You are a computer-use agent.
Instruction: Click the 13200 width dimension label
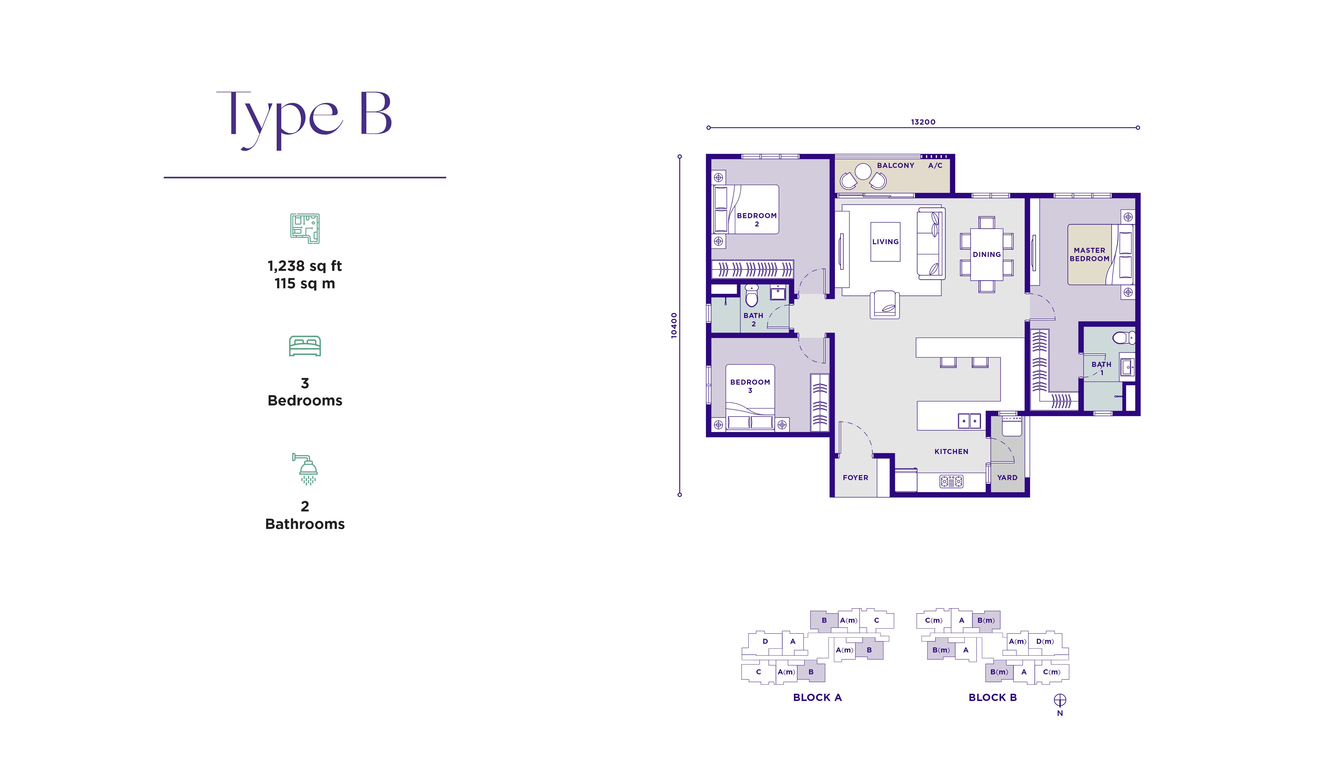point(923,122)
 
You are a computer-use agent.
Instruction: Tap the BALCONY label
point(895,165)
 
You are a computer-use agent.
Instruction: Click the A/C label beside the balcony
point(935,165)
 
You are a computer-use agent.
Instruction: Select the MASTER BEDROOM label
point(1089,254)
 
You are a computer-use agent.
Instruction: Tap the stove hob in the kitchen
point(952,481)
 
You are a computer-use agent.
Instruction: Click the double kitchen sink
point(969,421)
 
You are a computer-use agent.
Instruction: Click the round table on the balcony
point(863,171)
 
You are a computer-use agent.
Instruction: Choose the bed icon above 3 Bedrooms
point(305,346)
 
